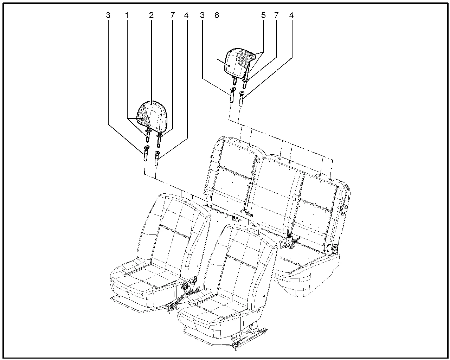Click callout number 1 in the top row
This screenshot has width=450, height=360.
(x=127, y=15)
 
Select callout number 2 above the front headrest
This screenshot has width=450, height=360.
(x=151, y=15)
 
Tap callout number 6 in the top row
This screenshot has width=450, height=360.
(x=217, y=15)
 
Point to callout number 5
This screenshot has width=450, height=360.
(x=263, y=15)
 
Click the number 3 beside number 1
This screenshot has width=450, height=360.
(x=108, y=15)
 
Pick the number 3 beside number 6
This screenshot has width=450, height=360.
(x=202, y=15)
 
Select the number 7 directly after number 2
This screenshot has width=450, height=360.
(x=172, y=15)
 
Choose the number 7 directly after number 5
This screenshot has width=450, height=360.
(x=276, y=15)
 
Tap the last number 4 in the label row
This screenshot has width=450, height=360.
(x=291, y=15)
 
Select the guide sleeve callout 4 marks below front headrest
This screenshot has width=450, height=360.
(x=157, y=158)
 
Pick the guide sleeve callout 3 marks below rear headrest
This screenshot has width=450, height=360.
(x=232, y=95)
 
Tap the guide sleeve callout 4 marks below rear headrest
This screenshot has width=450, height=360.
(x=242, y=99)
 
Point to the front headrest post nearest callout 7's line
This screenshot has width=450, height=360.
(x=159, y=140)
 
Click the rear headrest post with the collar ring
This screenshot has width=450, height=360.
(x=245, y=83)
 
